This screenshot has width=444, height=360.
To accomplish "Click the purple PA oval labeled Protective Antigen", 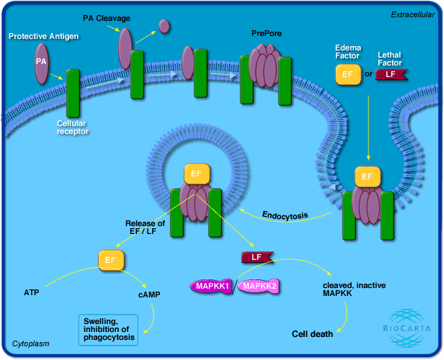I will tap(41, 60).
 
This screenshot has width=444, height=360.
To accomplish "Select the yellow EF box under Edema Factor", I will tap(347, 73).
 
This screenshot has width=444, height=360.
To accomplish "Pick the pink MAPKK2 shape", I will tap(258, 286).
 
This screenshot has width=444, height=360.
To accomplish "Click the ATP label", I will tap(32, 293).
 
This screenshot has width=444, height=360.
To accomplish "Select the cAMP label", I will tap(148, 294).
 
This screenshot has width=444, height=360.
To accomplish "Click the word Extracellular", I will tap(414, 14).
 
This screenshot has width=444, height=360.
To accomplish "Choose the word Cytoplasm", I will tap(31, 344).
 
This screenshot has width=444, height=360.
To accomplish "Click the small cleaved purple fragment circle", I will tap(164, 27).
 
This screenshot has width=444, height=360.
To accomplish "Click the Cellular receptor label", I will tap(73, 127).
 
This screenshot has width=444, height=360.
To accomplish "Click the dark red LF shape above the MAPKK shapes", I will tap(256, 256).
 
